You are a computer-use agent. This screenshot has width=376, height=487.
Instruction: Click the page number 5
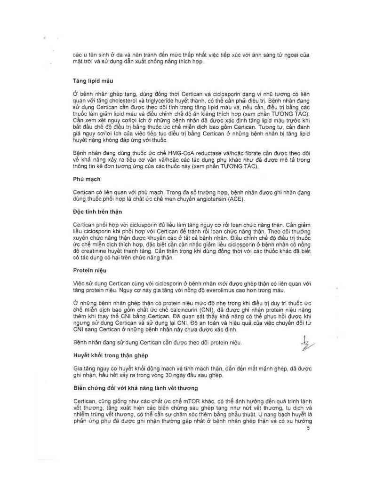coord(308,428)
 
